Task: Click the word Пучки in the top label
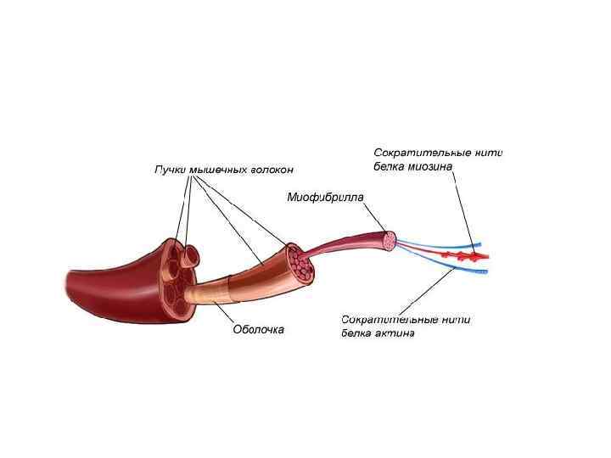click(169, 170)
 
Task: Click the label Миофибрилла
click(325, 198)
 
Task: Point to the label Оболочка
click(258, 329)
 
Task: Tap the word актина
click(394, 333)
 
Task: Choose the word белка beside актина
click(357, 333)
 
